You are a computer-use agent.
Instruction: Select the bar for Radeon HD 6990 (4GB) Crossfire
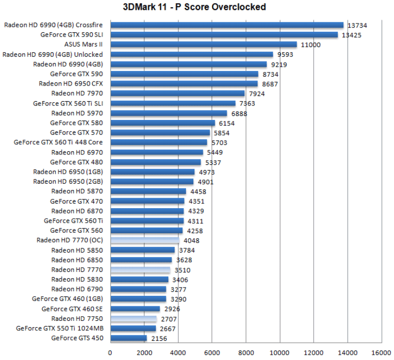coord(227,25)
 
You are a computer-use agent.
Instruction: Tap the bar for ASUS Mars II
coord(203,45)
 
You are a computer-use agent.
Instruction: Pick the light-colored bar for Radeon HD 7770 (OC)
coord(144,241)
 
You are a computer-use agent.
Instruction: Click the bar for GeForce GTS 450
coord(128,338)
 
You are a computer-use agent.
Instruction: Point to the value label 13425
coord(352,35)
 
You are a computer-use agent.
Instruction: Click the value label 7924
coord(257,94)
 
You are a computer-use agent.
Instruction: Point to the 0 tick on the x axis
coord(110,352)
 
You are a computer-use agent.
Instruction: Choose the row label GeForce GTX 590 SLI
coord(72,35)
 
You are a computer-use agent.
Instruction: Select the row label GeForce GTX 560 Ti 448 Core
coord(58,142)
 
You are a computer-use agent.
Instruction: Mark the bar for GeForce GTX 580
coord(163,123)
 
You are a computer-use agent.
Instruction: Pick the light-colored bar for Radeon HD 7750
coord(133,319)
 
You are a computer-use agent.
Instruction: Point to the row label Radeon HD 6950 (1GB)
coord(68,172)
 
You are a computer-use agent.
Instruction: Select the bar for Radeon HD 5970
coord(168,113)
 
